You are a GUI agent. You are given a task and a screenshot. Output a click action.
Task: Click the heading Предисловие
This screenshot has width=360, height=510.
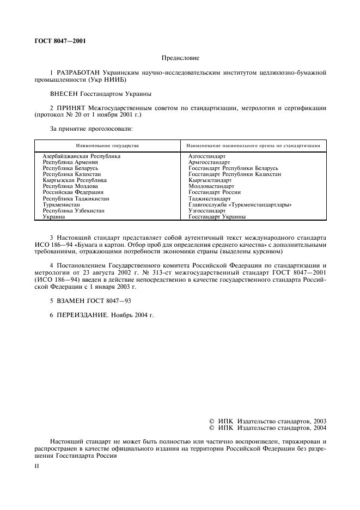pyautogui.click(x=180, y=57)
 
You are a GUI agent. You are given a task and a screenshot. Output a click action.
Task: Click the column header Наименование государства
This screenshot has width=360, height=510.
pyautogui.click(x=107, y=145)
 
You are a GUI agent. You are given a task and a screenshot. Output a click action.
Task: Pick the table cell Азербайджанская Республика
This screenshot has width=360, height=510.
pyautogui.click(x=82, y=156)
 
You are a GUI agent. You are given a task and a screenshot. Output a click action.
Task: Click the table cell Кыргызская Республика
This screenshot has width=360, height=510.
pyautogui.click(x=75, y=180)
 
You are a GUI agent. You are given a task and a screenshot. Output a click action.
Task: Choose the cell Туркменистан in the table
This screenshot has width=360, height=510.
pyautogui.click(x=60, y=204)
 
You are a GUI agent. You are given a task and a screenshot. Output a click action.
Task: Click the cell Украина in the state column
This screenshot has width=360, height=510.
pyautogui.click(x=54, y=216)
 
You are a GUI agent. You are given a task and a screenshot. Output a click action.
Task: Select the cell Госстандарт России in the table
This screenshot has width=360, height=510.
pyautogui.click(x=215, y=192)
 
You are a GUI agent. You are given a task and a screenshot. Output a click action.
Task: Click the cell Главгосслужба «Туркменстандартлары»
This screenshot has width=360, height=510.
pyautogui.click(x=240, y=204)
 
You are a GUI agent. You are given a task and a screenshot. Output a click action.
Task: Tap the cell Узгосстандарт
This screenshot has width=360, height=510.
pyautogui.click(x=207, y=210)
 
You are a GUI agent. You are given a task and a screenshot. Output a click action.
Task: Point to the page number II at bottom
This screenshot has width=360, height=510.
pyautogui.click(x=36, y=467)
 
